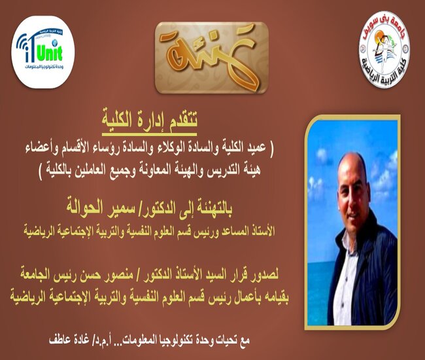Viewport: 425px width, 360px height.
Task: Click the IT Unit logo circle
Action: coord(42,52)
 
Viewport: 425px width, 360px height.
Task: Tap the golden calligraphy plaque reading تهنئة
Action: coord(212,58)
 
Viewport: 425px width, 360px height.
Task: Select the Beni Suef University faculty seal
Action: coord(384,49)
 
